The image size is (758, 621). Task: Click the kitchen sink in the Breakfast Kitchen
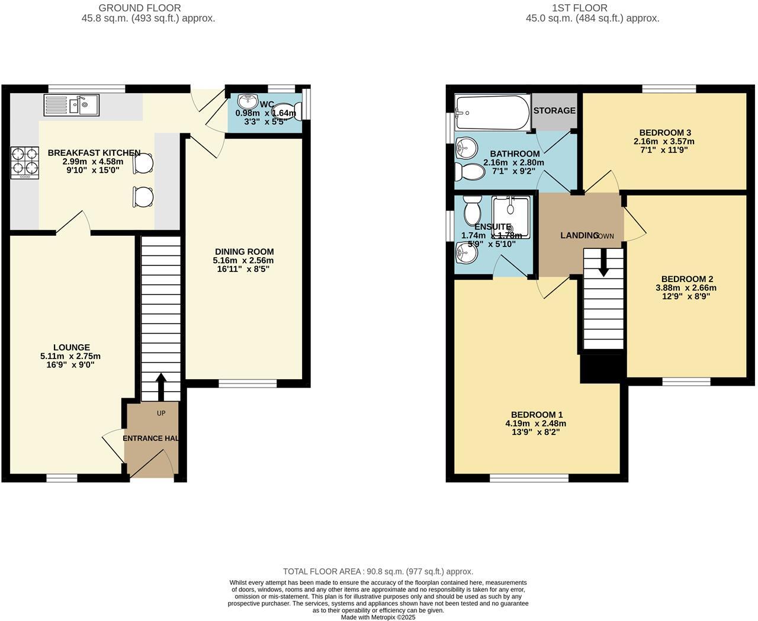[72, 105]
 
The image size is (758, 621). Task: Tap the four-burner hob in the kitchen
[24, 162]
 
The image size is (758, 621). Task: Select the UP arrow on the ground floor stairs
[160, 386]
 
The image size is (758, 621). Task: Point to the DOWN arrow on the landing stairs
[603, 263]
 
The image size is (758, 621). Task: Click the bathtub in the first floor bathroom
[492, 113]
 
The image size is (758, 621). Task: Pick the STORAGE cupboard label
[554, 111]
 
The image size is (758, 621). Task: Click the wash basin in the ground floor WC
[247, 103]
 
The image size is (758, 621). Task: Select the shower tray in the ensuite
[511, 217]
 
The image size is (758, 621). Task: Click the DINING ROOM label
[244, 252]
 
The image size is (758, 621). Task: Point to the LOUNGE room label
[72, 348]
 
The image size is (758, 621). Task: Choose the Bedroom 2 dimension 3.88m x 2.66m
[686, 288]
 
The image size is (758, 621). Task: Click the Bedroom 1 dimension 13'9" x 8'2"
[537, 432]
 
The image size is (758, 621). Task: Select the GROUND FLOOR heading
[140, 8]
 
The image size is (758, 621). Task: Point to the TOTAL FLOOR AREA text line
[378, 572]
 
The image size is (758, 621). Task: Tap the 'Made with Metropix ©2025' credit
[378, 617]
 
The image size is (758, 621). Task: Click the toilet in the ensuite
[473, 210]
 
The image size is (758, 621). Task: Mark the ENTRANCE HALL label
[151, 438]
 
